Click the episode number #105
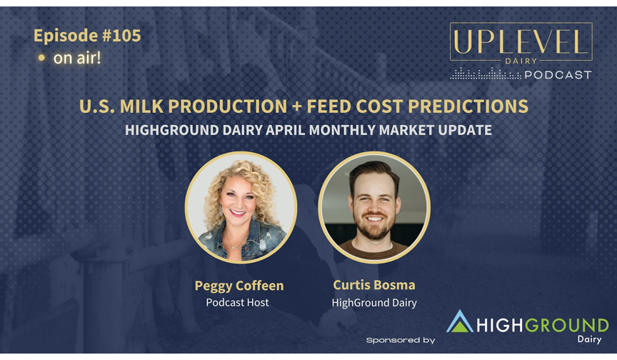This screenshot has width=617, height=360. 121,36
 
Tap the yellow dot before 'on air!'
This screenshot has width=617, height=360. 41,59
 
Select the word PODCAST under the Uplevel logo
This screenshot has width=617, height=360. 558,75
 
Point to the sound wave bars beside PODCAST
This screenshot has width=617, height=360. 486,74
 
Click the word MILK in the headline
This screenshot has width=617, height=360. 144,106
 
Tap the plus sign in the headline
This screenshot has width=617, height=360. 296,106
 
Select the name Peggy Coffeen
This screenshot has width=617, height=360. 239,286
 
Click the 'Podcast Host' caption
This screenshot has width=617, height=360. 237,303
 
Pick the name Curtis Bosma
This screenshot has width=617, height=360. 373,285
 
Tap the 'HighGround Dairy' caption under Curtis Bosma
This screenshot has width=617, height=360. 374,303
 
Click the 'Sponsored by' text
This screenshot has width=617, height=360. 401,340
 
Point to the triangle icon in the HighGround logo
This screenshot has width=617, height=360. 460,321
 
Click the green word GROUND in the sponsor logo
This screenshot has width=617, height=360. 566,326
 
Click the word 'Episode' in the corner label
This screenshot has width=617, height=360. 66,36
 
